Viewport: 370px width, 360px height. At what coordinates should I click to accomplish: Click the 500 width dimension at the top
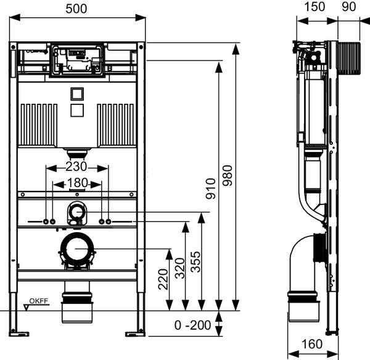click(x=77, y=8)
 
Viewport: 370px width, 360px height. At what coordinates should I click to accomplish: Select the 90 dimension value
click(x=348, y=8)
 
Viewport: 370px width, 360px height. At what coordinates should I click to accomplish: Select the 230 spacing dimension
click(x=77, y=167)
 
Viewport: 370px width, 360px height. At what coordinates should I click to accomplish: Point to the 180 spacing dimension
click(x=77, y=183)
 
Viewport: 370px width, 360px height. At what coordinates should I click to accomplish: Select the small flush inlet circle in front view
click(x=77, y=213)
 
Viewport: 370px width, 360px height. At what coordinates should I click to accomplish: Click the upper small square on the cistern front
click(x=77, y=94)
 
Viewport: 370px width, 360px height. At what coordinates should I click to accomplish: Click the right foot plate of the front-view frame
click(x=137, y=334)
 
